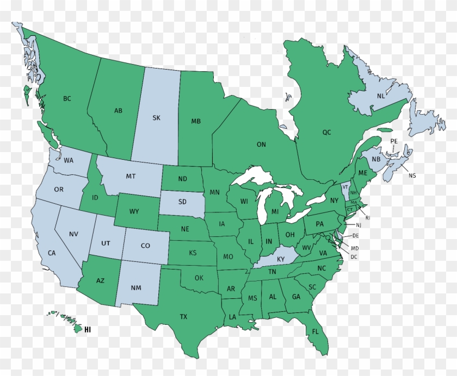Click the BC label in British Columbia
pyautogui.click(x=67, y=98)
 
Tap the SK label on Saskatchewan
pyautogui.click(x=156, y=117)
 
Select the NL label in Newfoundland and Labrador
pyautogui.click(x=381, y=96)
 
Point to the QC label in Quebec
pyautogui.click(x=326, y=132)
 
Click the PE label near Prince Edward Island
pyautogui.click(x=393, y=141)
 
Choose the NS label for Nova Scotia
pyautogui.click(x=412, y=176)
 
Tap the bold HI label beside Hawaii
pyautogui.click(x=88, y=329)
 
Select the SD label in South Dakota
pyautogui.click(x=182, y=202)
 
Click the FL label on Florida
pyautogui.click(x=315, y=331)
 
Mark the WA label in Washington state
pyautogui.click(x=69, y=160)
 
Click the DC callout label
pyautogui.click(x=354, y=256)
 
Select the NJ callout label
pyautogui.click(x=359, y=225)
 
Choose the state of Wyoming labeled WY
pyautogui.click(x=135, y=211)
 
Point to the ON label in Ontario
pyautogui.click(x=261, y=145)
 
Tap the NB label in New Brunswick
pyautogui.click(x=376, y=159)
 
